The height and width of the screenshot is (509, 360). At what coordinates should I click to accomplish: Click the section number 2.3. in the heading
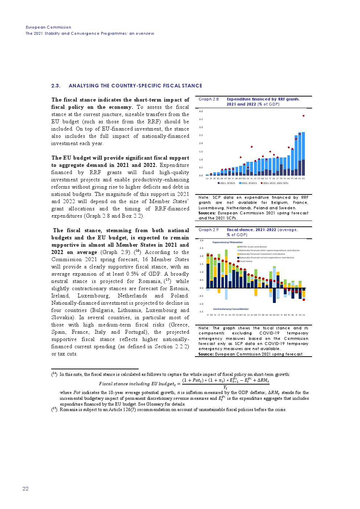coord(56,86)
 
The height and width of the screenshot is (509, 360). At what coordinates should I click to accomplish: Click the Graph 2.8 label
coord(208,99)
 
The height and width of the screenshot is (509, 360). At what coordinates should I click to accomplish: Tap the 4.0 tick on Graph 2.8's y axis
coord(201,111)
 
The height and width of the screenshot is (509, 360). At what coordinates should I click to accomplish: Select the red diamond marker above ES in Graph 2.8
coord(303,116)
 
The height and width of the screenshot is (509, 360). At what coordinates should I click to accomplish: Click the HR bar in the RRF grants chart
coord(296,156)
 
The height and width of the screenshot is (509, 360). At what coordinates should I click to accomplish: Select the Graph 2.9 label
coord(208,230)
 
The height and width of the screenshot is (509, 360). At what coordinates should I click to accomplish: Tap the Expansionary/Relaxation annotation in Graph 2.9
coord(227,242)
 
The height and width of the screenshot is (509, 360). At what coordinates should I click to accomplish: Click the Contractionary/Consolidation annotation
coord(230,309)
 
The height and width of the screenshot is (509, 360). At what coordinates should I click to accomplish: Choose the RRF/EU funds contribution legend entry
coord(252,247)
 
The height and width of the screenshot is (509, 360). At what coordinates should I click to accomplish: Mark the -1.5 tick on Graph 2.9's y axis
coord(201,312)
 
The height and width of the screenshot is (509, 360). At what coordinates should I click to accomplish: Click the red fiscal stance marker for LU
coord(304,300)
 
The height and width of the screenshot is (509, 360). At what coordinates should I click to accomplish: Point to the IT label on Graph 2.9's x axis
coord(208,315)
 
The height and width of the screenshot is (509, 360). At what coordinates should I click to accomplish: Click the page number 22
coord(25,489)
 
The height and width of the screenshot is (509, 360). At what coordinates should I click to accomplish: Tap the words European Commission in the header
coord(48,27)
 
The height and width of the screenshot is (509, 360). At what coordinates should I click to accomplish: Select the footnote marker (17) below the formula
coord(54,409)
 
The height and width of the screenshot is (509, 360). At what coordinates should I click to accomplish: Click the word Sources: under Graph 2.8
coord(207,213)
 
